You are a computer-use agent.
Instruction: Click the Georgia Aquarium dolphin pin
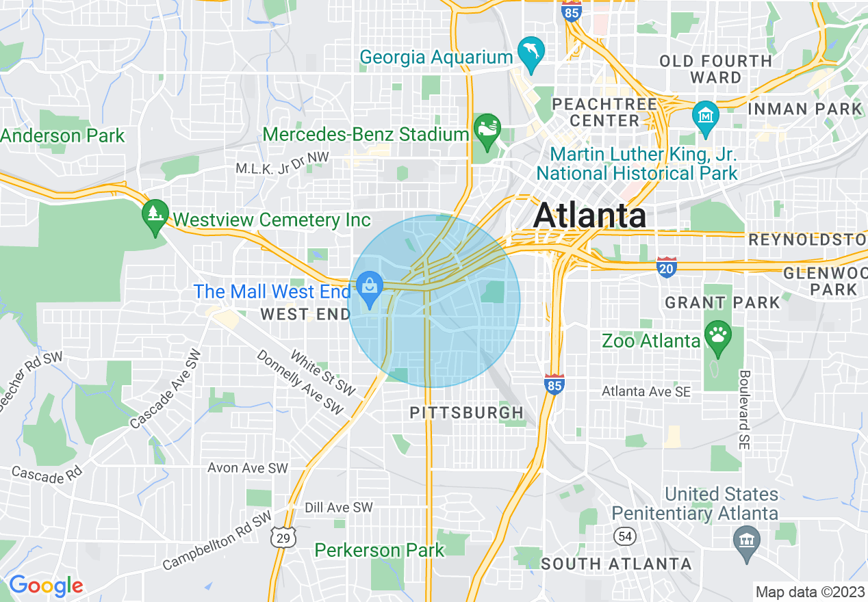pos(531,50)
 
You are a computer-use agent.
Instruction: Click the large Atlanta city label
pos(589,215)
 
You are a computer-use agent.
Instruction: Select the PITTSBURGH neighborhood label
pos(466,413)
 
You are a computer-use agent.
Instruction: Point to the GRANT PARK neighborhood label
pos(722,302)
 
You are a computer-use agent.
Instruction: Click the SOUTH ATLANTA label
pos(615,564)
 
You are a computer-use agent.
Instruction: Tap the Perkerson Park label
pos(379,549)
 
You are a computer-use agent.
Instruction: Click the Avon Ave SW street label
pos(247,468)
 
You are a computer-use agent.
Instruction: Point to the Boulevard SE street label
pos(745,410)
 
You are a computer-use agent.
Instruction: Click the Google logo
pos(46,586)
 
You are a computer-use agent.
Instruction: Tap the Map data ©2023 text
pos(808,591)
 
